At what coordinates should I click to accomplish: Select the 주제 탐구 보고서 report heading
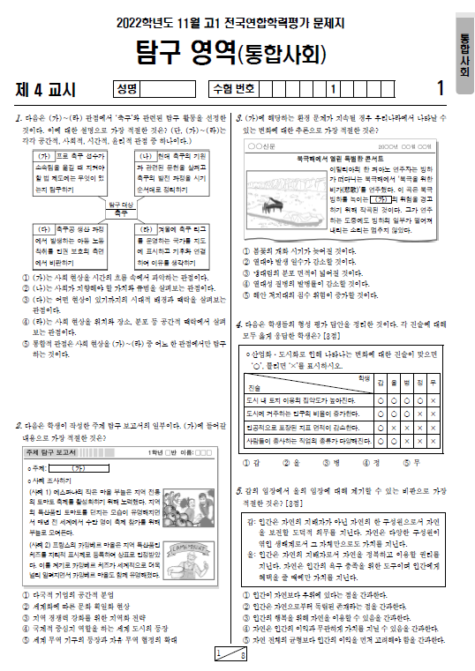pyautogui.click(x=57, y=453)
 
